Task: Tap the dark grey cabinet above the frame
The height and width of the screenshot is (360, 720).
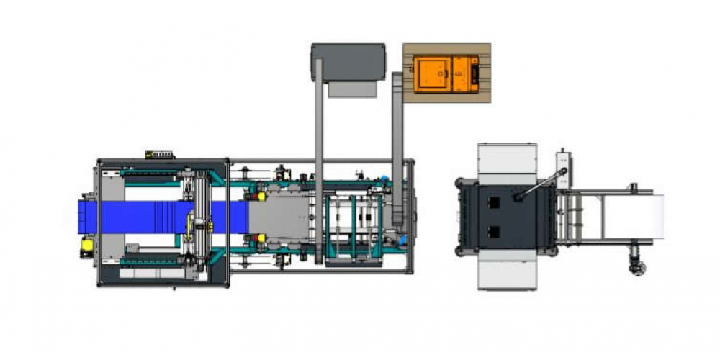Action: [349, 62]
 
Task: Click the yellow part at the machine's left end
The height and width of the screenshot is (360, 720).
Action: [87, 246]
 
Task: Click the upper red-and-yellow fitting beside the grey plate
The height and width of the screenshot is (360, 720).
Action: [261, 195]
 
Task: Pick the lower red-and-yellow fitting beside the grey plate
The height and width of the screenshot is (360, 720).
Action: [261, 237]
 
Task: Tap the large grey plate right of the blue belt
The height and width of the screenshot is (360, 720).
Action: [284, 216]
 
